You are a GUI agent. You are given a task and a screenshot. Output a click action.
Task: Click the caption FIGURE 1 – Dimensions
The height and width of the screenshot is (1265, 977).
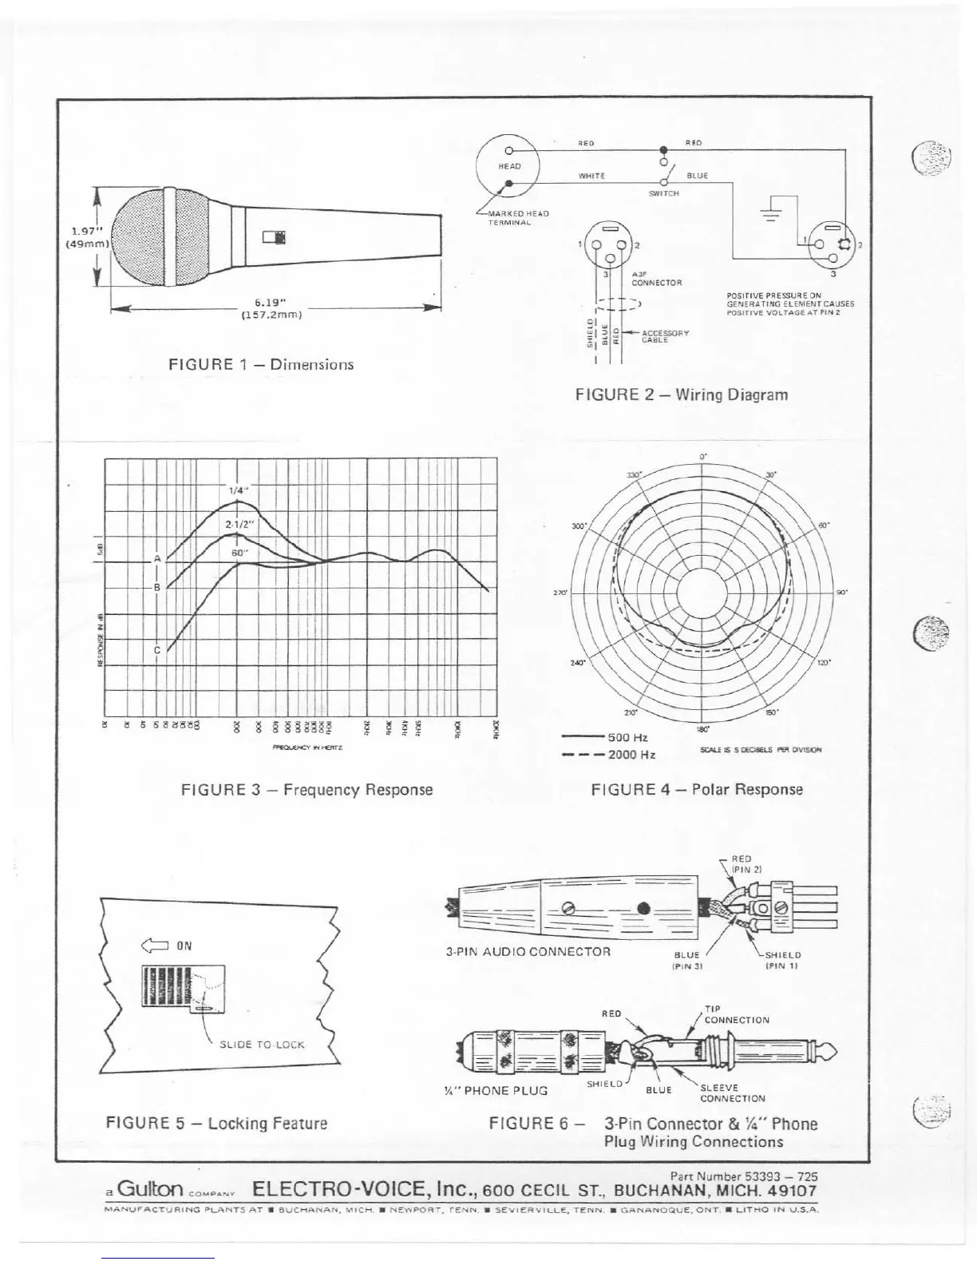click(x=261, y=364)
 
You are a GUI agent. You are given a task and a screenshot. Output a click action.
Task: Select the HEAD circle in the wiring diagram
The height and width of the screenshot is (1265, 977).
click(x=509, y=166)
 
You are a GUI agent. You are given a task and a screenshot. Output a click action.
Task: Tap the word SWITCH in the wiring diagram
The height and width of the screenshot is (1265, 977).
click(x=663, y=193)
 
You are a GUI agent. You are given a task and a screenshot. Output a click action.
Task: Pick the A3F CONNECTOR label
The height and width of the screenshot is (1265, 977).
click(x=655, y=278)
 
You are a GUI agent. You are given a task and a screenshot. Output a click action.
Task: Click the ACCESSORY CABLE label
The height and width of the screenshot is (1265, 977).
click(x=665, y=335)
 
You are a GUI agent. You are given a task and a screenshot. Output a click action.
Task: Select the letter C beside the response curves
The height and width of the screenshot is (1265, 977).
click(x=157, y=650)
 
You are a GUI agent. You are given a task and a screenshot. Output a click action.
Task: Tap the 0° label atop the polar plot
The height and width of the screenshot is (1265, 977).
click(x=703, y=457)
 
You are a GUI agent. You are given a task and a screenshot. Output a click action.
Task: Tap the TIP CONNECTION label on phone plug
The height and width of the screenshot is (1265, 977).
click(x=735, y=1015)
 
